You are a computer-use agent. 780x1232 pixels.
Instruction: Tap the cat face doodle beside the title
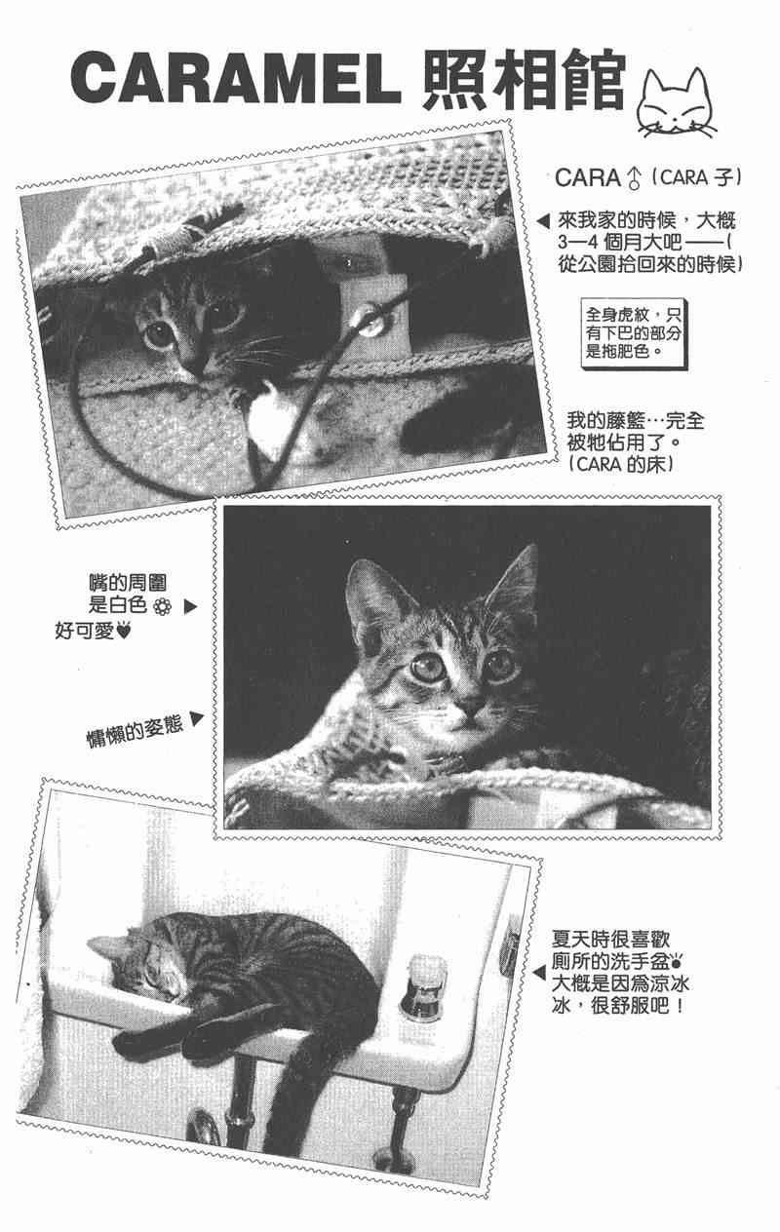tap(677, 102)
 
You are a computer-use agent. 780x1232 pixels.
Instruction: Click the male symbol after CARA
tap(634, 177)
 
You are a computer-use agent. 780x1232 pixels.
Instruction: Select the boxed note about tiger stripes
tap(634, 334)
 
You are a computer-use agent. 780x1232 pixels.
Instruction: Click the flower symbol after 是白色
tap(162, 607)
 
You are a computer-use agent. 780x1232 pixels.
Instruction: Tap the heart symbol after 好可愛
tap(125, 631)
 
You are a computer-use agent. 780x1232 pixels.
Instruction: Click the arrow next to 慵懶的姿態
tap(196, 719)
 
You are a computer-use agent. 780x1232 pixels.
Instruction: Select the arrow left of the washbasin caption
tap(538, 973)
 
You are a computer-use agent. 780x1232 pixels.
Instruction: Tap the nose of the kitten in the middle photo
tap(473, 706)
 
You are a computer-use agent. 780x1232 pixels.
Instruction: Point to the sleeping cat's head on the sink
tap(137, 965)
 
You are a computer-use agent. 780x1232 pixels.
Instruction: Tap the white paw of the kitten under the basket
tap(269, 418)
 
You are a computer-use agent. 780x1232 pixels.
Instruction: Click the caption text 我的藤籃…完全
tap(636, 421)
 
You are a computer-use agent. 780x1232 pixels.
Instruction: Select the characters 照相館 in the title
tap(525, 78)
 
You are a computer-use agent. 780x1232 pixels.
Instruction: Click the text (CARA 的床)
tap(622, 464)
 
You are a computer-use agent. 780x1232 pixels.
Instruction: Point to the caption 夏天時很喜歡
tap(610, 940)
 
